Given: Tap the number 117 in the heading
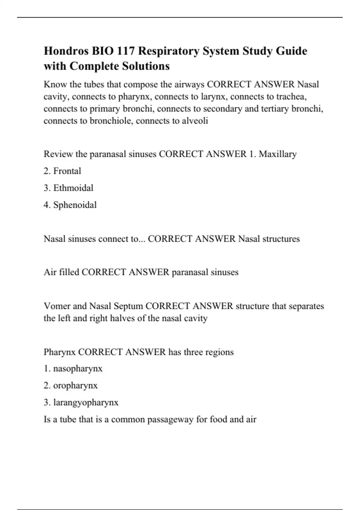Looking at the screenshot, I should [126, 51].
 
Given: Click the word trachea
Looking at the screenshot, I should [291, 97].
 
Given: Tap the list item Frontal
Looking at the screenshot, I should [67, 171].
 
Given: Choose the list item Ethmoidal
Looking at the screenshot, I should [73, 188].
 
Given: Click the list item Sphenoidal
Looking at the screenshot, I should [75, 205].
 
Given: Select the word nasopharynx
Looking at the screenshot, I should [78, 368].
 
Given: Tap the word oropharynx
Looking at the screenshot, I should [75, 385].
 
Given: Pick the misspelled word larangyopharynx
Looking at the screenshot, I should [86, 403].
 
